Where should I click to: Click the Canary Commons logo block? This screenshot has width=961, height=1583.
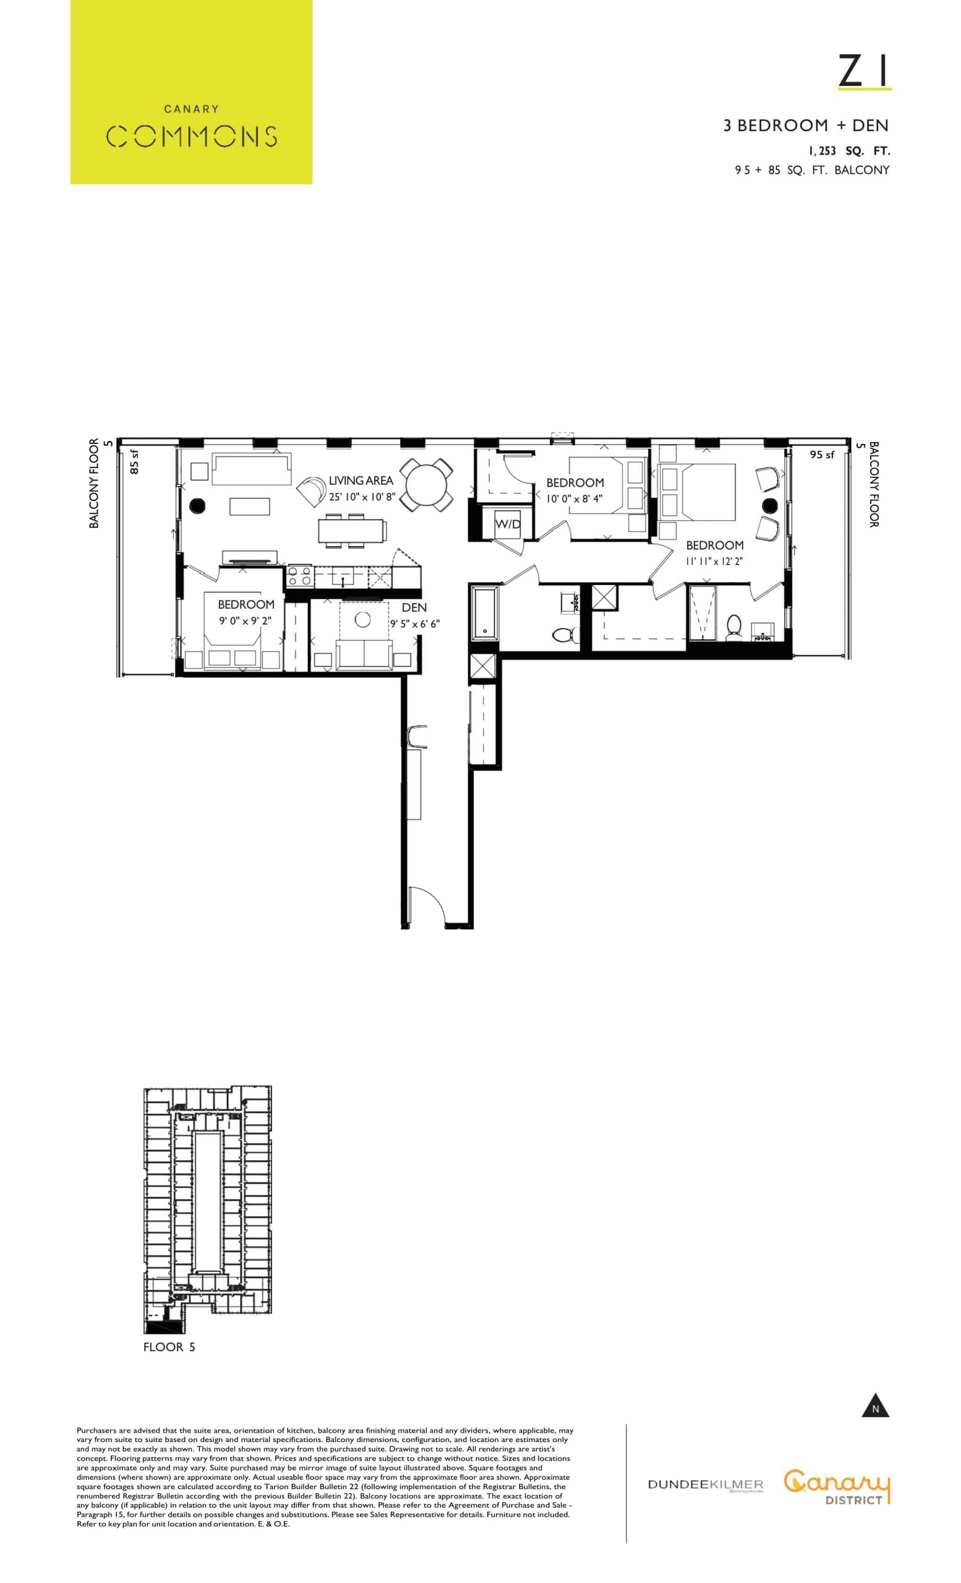pos(191,92)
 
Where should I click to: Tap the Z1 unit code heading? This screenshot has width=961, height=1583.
pos(864,71)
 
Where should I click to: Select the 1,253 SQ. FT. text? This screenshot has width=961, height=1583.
pos(848,151)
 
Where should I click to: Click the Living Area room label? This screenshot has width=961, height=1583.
pos(361,480)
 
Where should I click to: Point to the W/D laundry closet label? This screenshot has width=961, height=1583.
pos(507,524)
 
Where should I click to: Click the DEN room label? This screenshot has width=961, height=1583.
pos(414,607)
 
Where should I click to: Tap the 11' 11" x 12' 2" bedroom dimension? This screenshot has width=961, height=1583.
pos(714,561)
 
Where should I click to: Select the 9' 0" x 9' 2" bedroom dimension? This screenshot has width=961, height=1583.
pos(245,621)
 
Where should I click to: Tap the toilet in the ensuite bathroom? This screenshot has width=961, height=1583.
pos(733,625)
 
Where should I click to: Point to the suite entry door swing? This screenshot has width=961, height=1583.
pos(426,907)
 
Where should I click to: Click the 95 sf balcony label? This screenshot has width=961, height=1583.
pos(821,455)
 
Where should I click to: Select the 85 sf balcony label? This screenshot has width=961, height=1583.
pos(135,461)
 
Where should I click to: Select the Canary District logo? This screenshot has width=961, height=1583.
pos(837,1487)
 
